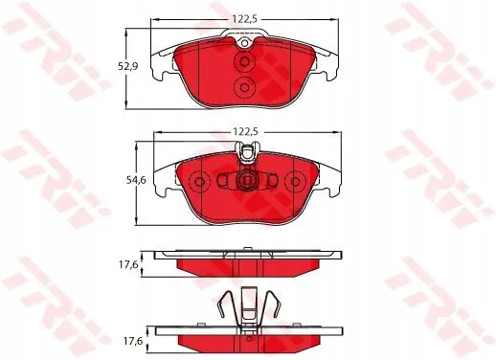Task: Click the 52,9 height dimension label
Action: [128, 66]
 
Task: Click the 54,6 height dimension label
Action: [136, 180]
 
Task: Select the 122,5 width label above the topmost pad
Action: [244, 19]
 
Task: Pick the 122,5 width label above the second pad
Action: [245, 132]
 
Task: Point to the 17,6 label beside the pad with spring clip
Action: [133, 341]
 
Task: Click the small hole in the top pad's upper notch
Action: [244, 43]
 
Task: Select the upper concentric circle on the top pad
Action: [244, 61]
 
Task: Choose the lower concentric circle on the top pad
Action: [244, 87]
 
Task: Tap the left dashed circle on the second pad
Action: [199, 182]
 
